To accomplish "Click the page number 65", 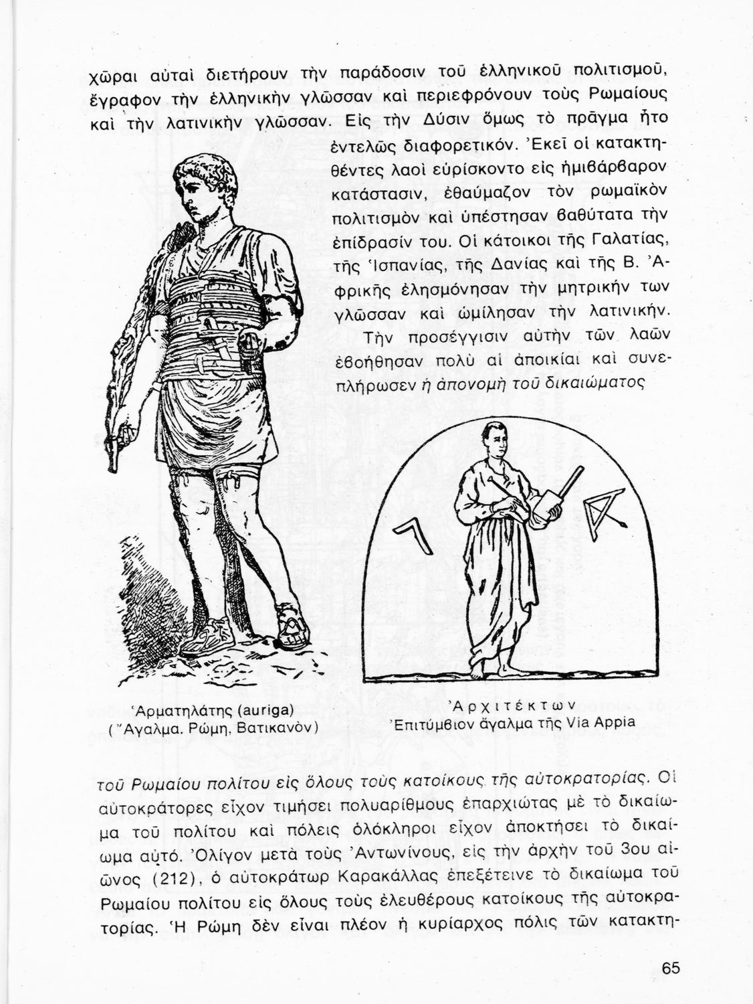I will coord(671,968).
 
